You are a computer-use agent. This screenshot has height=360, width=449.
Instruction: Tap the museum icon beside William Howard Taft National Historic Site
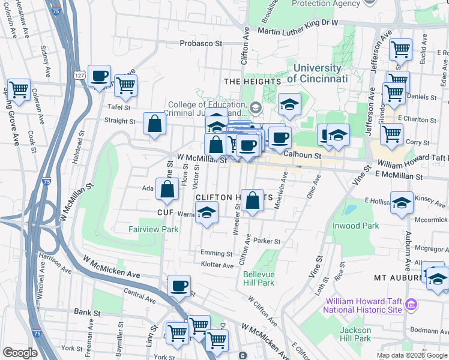pyautogui.click(x=411, y=305)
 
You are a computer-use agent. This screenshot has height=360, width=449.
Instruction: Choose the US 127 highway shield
pyautogui.click(x=79, y=74)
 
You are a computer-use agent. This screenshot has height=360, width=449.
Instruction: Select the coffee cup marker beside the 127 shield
pyautogui.click(x=100, y=76)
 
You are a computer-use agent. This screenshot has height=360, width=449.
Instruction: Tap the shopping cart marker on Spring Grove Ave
pyautogui.click(x=19, y=90)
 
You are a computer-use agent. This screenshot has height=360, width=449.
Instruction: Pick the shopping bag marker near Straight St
pyautogui.click(x=155, y=124)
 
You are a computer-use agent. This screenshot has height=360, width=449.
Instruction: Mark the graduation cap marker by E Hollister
pyautogui.click(x=402, y=202)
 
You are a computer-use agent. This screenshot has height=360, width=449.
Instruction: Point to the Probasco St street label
pyautogui.click(x=201, y=44)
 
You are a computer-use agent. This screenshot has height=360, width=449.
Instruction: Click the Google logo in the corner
pyautogui.click(x=20, y=353)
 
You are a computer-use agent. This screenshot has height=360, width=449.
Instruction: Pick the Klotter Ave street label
pyautogui.click(x=217, y=265)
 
